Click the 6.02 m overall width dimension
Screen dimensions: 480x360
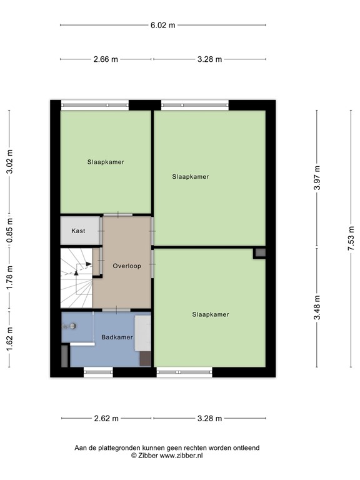pos(163,25)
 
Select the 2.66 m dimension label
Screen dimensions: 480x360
pos(106,59)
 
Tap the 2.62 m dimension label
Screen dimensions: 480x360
pos(106,419)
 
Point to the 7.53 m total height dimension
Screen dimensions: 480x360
pos(351,239)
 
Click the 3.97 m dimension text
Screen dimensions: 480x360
pos(317,178)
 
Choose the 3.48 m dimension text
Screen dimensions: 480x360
pos(317,307)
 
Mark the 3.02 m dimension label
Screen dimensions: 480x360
pos(9,161)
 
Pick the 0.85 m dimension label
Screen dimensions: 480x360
pos(9,230)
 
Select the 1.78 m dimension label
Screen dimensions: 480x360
pos(9,277)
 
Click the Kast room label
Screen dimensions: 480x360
pos(78,231)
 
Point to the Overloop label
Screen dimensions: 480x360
pos(127,266)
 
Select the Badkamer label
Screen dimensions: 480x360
pos(117,337)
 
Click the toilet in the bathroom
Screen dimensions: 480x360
pos(70,326)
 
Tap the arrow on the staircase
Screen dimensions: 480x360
pos(87,264)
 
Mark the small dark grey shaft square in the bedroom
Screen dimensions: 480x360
pos(260,253)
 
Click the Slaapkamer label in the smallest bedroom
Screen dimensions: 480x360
pos(106,162)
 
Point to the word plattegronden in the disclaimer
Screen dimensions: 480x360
pos(122,447)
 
